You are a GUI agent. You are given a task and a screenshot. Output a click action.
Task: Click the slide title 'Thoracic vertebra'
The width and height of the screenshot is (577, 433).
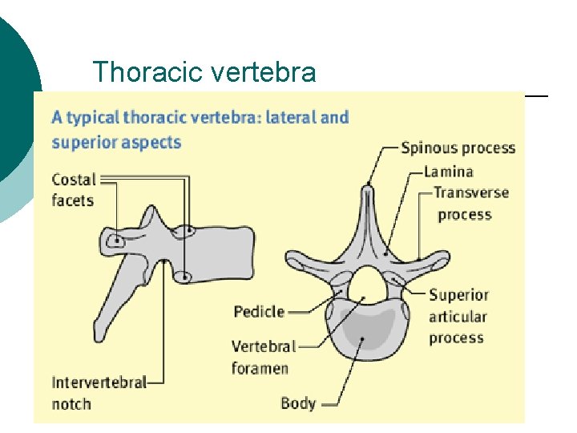click(x=204, y=72)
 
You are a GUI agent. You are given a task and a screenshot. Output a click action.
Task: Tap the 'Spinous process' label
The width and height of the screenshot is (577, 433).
click(x=458, y=148)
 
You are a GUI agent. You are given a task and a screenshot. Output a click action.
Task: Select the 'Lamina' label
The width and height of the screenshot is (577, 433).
click(x=448, y=171)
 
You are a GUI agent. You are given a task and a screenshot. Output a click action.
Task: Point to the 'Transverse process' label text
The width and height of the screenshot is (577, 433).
click(x=471, y=204)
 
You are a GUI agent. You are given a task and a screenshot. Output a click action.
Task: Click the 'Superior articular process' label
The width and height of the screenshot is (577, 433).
click(x=458, y=316)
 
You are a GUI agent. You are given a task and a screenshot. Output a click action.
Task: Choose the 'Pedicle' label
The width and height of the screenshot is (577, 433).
click(x=259, y=311)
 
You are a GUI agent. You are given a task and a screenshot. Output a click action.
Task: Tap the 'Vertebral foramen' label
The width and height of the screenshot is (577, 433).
click(x=264, y=358)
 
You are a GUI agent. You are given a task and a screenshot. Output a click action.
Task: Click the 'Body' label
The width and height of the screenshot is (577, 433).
click(x=298, y=403)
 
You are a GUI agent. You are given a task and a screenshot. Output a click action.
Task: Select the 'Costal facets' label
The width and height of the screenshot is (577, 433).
click(x=74, y=190)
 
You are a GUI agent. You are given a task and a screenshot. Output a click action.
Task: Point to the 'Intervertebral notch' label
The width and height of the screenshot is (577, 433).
click(x=99, y=393)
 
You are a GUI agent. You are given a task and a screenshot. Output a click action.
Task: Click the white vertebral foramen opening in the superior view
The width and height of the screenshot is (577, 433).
click(x=368, y=284)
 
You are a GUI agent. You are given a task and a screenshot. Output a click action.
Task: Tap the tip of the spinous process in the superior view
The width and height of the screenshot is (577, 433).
click(x=368, y=190)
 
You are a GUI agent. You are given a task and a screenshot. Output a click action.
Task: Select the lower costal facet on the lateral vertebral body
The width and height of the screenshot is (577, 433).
click(x=184, y=277)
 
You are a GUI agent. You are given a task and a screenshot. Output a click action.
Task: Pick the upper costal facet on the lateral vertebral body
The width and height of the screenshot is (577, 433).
click(x=187, y=232)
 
